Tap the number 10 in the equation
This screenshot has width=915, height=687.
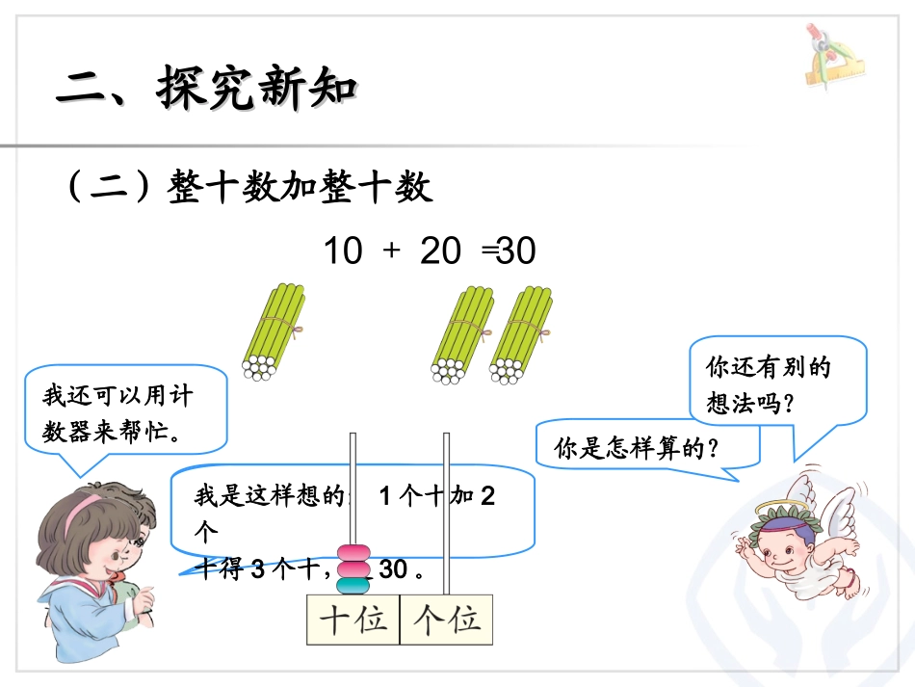[342, 251]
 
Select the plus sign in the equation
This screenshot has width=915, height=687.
[391, 251]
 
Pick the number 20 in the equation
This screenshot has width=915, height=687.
[441, 251]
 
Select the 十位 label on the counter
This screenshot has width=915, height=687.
[353, 620]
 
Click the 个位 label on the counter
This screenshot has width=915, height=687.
[446, 620]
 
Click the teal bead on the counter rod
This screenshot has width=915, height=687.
[353, 584]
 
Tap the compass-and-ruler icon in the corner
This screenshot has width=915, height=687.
[831, 57]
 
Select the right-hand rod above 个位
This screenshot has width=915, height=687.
[446, 511]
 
